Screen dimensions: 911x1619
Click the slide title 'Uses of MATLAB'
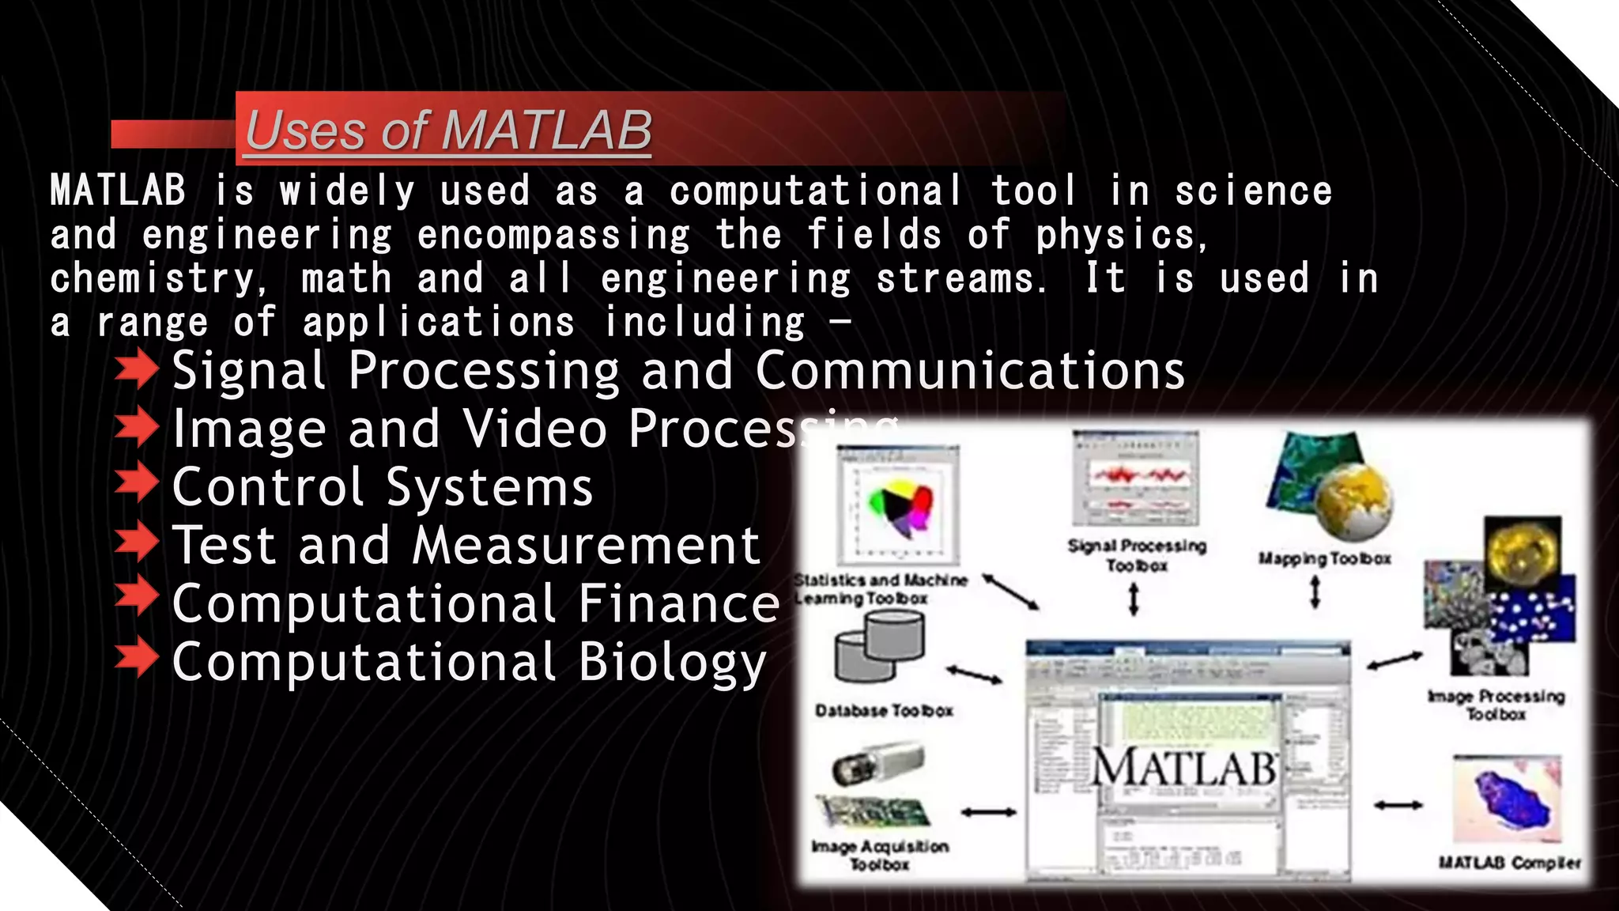pyautogui.click(x=448, y=130)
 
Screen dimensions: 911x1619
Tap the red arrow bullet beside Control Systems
pyautogui.click(x=136, y=484)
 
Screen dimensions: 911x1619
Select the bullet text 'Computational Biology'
pyautogui.click(x=469, y=662)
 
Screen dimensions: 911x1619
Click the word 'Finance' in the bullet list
pyautogui.click(x=678, y=603)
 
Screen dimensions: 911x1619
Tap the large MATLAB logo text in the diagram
pyautogui.click(x=1183, y=767)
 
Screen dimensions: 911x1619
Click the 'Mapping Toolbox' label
pyautogui.click(x=1324, y=558)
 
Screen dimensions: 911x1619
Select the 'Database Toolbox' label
pyautogui.click(x=884, y=710)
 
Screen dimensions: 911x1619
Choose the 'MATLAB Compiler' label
pyautogui.click(x=1508, y=862)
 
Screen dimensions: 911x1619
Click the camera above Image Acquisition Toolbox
pyautogui.click(x=877, y=764)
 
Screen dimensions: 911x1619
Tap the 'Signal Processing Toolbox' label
pyautogui.click(x=1137, y=555)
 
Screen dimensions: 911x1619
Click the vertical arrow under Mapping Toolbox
pyautogui.click(x=1315, y=592)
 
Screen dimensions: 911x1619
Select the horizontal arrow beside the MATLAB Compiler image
pyautogui.click(x=1398, y=805)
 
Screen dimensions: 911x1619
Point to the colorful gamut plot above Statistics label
pyautogui.click(x=900, y=506)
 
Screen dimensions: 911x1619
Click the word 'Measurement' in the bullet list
pyautogui.click(x=586, y=545)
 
